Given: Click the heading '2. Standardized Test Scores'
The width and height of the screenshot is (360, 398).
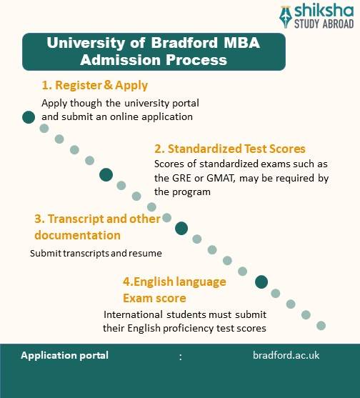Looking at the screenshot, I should pos(230,149).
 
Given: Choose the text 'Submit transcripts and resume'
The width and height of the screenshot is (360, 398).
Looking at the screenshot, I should pos(96,253).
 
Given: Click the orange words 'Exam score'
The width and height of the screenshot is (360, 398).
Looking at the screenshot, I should pos(154,298).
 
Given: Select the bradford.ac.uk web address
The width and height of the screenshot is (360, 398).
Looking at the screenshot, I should pos(286,355).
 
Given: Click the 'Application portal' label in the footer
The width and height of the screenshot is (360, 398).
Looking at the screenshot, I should pos(65,355).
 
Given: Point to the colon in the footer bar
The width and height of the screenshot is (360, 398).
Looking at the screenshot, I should pos(180,356).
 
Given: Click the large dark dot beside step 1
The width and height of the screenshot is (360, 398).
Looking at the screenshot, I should pos(29,117).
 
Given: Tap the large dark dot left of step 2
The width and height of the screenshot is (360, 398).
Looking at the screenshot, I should pos(106,174).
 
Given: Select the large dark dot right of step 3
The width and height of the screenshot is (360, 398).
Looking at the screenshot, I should pos(181,229).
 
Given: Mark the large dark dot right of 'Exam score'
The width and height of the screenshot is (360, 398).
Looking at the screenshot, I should pos(261,282).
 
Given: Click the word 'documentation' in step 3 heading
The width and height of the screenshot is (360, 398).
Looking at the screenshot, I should pos(78,235).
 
